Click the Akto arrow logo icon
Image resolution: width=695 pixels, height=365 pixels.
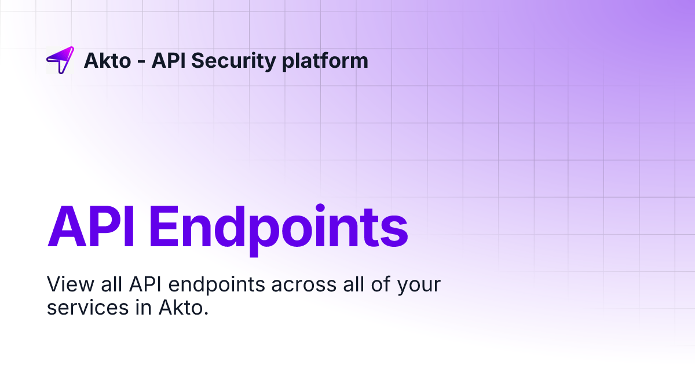(60, 60)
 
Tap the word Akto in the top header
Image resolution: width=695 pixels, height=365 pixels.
(107, 60)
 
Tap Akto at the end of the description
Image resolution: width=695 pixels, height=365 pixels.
(180, 308)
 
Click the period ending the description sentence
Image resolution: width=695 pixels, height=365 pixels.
(206, 313)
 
